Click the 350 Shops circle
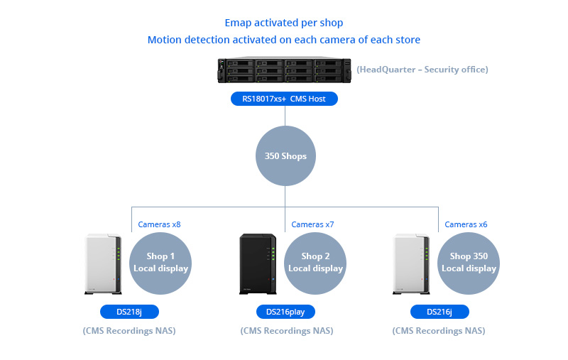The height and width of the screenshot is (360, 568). [285, 156]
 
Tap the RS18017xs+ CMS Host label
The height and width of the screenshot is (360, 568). [284, 99]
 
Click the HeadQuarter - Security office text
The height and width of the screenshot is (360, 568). [422, 70]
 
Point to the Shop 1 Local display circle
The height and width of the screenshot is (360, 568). [161, 263]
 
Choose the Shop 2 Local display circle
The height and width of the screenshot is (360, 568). [315, 263]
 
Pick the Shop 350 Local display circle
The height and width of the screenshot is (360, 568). [469, 263]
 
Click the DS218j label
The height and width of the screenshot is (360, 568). [129, 312]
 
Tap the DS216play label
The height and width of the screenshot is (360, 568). [285, 312]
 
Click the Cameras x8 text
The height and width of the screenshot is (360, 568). [159, 224]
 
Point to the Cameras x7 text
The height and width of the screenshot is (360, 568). [312, 224]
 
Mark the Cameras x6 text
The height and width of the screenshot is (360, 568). [466, 224]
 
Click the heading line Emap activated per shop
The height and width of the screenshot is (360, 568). [284, 23]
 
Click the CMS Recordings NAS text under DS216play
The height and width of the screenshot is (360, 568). [287, 331]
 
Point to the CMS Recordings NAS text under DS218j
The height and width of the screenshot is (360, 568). [129, 331]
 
